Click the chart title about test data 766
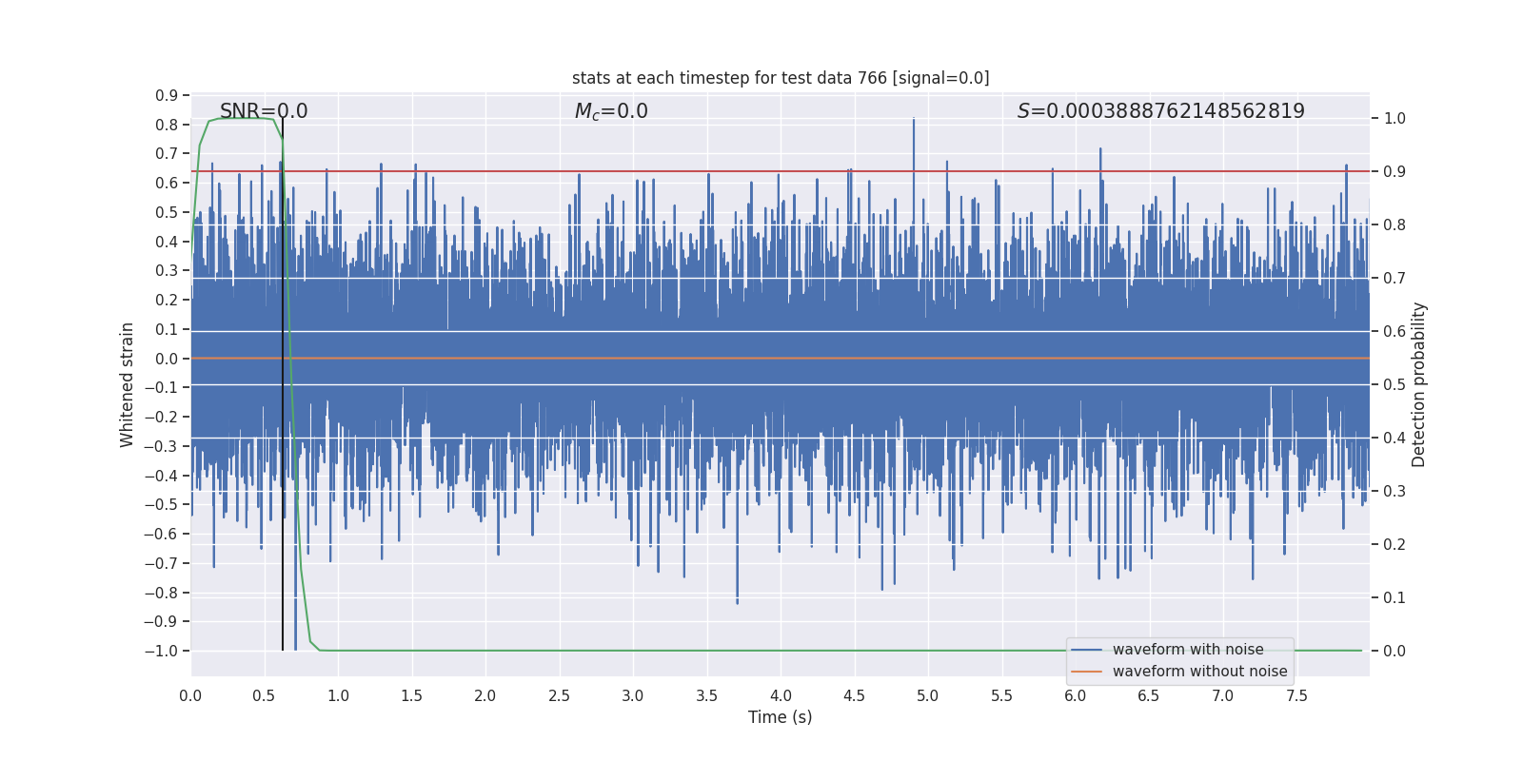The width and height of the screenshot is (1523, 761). coord(781,78)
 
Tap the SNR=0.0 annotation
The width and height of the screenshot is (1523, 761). coord(264,111)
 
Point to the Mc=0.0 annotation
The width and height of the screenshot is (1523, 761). coord(611,111)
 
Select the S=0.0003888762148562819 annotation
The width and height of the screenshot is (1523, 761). coord(1160,111)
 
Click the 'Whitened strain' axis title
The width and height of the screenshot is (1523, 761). coord(128,384)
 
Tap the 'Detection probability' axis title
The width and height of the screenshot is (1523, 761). coord(1419,384)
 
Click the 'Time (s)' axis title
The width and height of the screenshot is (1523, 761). coord(780,717)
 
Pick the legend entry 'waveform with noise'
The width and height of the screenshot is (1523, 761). coord(1188,650)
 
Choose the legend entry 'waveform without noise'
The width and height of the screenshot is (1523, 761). coord(1199,672)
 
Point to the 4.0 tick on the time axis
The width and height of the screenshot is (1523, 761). coord(781,696)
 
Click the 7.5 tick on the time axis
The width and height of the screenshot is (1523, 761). coord(1296,696)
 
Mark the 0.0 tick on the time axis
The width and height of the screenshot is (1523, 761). coord(190,696)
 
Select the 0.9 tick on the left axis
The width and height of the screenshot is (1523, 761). coord(167,95)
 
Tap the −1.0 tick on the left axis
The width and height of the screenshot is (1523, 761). coord(162,652)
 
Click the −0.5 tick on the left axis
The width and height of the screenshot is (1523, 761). coord(162,505)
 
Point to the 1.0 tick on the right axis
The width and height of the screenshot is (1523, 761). coord(1394,119)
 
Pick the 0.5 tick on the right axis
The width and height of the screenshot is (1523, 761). coord(1394,385)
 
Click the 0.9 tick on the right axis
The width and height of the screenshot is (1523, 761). coord(1394,172)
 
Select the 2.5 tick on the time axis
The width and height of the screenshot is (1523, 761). coord(559,696)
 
